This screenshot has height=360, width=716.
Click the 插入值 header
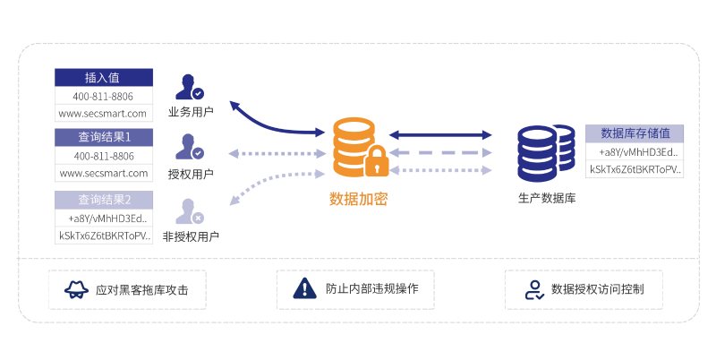tap(104, 77)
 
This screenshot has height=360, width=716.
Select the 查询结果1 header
tap(104, 137)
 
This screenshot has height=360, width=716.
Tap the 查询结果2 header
tap(104, 199)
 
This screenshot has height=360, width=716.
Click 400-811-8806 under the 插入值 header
tap(104, 96)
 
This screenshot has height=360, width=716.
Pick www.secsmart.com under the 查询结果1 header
tap(104, 173)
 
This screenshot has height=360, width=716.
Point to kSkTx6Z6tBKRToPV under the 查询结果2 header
tap(104, 236)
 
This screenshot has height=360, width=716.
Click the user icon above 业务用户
tap(189, 87)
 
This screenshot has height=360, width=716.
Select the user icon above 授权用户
tap(189, 147)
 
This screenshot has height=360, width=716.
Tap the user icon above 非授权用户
tap(189, 210)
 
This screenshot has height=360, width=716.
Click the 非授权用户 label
tap(191, 236)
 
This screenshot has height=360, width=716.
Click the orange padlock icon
tap(377, 160)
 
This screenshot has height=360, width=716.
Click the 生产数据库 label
tap(546, 197)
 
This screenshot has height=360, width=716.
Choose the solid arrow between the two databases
tap(440, 134)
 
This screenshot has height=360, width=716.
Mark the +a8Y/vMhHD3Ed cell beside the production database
tap(635, 151)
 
